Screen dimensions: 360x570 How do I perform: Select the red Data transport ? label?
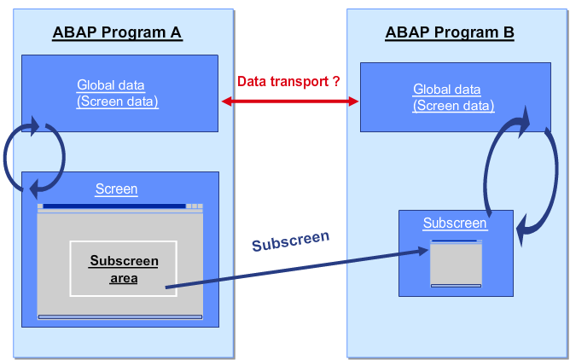point(289,81)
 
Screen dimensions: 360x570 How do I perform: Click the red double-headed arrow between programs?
point(289,101)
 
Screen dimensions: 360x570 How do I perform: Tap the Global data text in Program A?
point(111,85)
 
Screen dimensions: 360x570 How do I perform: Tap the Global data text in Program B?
point(447,90)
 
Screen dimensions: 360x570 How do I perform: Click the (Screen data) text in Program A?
point(117,101)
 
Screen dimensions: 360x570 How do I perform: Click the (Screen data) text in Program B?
point(453,106)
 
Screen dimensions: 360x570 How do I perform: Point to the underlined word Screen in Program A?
point(117,189)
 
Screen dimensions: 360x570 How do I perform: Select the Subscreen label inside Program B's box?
point(455,224)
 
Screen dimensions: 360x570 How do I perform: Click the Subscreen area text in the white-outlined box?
point(124,269)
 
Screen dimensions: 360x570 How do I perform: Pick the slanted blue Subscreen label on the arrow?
point(290,241)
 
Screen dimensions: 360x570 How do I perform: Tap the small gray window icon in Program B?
point(456,264)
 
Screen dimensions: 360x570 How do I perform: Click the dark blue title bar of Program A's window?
point(113,206)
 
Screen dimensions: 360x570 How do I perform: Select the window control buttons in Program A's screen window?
point(195,206)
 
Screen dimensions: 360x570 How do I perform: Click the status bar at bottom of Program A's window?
point(119,316)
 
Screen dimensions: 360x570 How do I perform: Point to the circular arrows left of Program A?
point(34,156)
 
